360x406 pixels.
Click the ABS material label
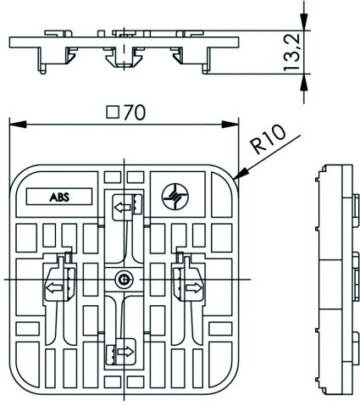pos(59,196)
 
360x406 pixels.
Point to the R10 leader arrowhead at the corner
pos(238,178)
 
